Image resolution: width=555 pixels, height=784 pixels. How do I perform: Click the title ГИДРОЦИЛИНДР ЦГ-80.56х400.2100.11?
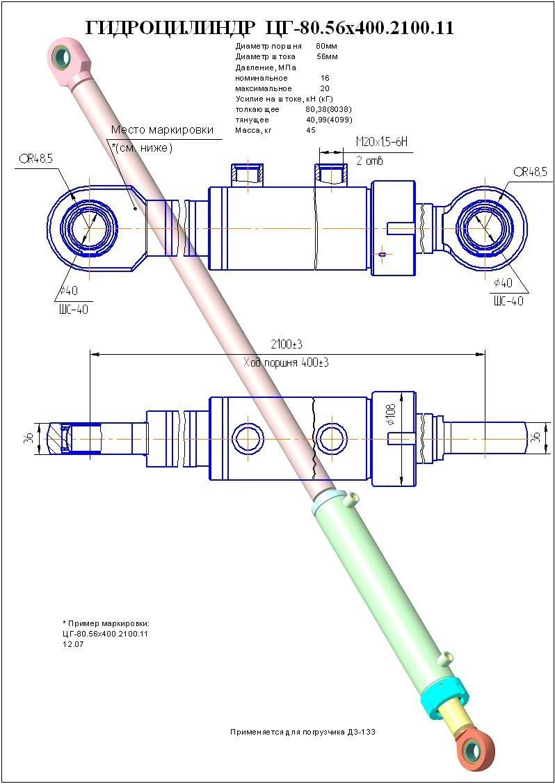(269, 28)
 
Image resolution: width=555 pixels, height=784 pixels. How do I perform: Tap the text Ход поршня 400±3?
(286, 363)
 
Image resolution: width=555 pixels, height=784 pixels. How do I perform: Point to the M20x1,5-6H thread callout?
(380, 142)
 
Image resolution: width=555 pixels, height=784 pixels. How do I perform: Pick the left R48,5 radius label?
(36, 159)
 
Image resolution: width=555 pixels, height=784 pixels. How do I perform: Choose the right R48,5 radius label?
(530, 172)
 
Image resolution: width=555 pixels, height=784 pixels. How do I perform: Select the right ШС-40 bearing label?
(508, 301)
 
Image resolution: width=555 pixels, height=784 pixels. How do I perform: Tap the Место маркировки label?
(162, 130)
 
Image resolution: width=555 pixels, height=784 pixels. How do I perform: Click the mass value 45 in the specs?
(310, 130)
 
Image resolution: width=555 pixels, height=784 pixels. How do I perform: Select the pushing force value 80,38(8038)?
(328, 110)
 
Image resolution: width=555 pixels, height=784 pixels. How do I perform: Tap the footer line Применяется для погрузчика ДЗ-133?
(303, 733)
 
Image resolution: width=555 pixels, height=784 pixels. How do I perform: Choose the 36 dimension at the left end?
(29, 438)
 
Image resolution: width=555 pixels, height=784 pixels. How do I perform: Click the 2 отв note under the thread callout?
(369, 161)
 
